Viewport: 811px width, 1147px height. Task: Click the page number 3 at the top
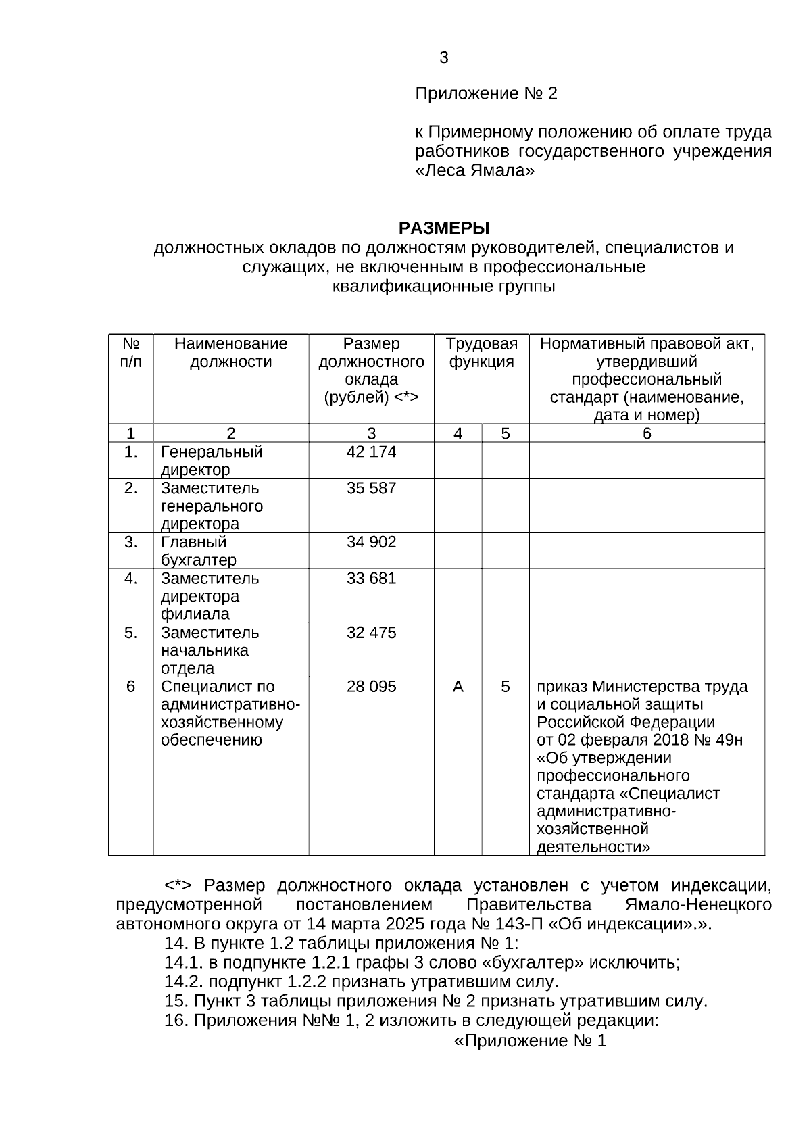443,58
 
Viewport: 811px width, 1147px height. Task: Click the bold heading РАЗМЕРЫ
443,227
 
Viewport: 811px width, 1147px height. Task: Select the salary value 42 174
371,452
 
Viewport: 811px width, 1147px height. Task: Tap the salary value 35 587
371,488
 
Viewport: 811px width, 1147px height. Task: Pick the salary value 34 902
371,542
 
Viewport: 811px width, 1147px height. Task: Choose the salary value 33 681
371,579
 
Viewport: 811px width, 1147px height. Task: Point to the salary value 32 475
371,633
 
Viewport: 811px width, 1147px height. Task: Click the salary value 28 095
371,687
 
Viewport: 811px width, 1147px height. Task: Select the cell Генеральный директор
211,460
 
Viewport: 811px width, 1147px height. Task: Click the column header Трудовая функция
481,353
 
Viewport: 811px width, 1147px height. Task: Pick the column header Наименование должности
230,353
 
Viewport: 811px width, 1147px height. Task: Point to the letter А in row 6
458,687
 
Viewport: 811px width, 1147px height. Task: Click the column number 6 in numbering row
647,434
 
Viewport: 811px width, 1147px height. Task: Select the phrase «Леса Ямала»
474,171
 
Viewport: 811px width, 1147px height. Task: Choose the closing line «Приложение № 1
530,1041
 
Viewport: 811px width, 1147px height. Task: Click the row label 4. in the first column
130,579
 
